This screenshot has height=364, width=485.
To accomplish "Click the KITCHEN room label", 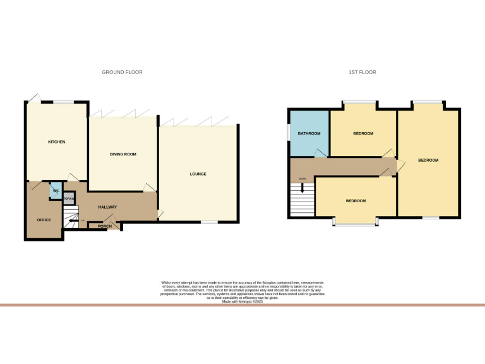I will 57,142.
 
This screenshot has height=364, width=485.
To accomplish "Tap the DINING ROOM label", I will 123,154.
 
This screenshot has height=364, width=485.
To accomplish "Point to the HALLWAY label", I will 107,207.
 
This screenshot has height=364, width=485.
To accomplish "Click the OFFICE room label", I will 44,220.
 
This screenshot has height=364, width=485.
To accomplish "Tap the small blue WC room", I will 56,190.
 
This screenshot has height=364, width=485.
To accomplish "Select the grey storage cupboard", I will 68,198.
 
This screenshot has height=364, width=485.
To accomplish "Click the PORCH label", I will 105,226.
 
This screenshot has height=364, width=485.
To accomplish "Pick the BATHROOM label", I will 309,133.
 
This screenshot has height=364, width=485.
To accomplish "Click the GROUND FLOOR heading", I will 122,73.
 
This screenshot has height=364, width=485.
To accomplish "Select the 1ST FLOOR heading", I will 362,73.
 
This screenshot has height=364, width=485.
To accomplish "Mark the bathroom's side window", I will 289,133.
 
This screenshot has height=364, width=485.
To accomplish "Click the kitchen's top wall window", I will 62,102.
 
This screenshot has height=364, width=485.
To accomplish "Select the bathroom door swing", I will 321,152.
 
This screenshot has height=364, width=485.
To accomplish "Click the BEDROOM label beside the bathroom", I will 363,133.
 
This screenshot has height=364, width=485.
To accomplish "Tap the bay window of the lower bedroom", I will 356,221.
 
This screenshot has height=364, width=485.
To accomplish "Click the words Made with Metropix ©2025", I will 242,302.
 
